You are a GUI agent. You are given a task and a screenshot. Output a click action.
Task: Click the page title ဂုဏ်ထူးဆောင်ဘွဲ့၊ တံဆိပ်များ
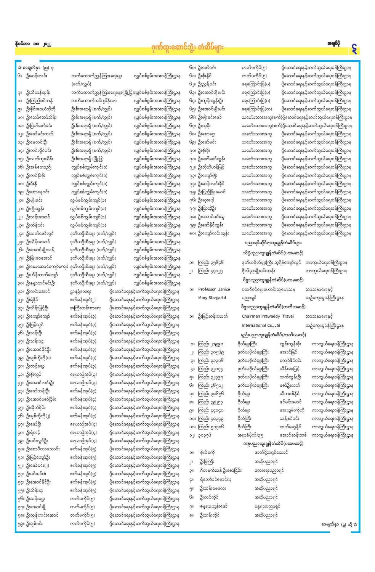click(187, 48)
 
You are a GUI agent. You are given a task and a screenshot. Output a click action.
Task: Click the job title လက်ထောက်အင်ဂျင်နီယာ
click(94, 101)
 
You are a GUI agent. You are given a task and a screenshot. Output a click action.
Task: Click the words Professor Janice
click(214, 289)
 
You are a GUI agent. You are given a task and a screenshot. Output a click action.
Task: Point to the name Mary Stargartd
click(212, 298)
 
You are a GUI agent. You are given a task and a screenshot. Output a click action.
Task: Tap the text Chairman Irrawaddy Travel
click(268, 316)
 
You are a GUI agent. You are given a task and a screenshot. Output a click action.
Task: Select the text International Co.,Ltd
click(261, 325)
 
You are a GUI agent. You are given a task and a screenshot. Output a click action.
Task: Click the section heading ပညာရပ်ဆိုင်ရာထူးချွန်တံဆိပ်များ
click(273, 243)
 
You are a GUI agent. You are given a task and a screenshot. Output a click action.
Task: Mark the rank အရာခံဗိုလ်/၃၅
click(250, 435)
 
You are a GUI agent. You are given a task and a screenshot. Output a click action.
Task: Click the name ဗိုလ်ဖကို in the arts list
click(207, 452)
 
